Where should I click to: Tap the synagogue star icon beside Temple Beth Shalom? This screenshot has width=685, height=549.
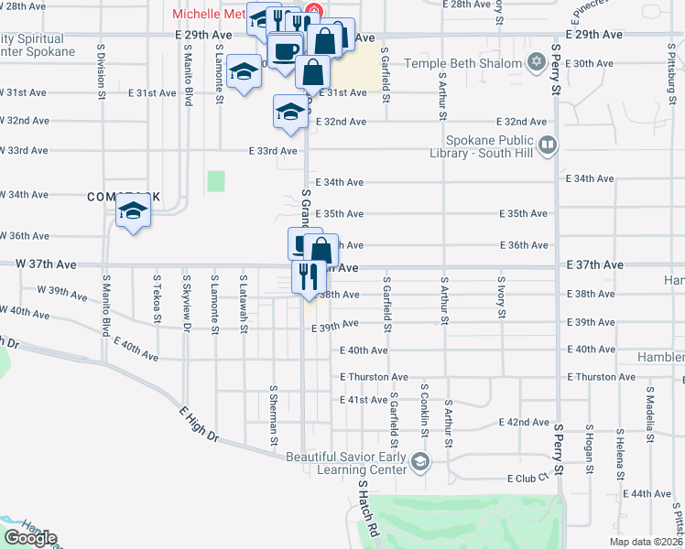[x=536, y=64]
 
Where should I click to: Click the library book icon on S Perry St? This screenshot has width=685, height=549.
[x=548, y=144]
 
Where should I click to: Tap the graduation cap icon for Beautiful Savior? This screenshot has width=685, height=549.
[x=419, y=462]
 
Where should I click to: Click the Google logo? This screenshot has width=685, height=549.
[x=30, y=538]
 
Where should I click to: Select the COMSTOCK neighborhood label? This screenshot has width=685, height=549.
[x=124, y=197]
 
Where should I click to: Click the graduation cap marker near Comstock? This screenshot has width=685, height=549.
[x=134, y=213]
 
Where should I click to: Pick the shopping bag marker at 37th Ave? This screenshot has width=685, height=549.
[x=321, y=250]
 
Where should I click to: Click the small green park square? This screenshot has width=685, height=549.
[x=215, y=181]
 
